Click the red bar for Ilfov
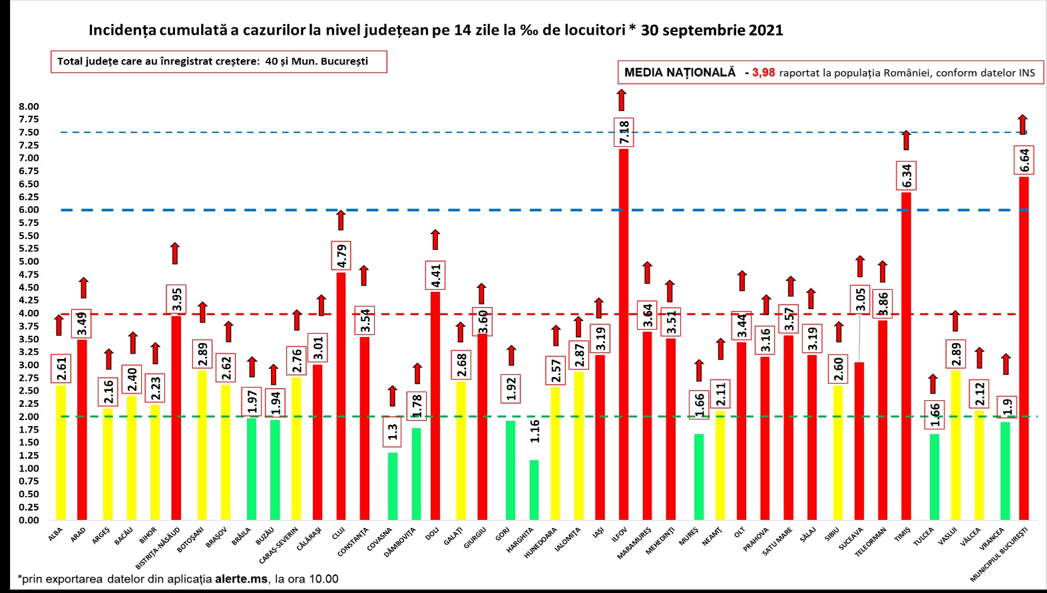click(624, 332)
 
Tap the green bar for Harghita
click(534, 489)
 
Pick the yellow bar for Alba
click(61, 452)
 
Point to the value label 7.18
click(624, 132)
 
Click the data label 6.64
click(1024, 160)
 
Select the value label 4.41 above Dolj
click(436, 276)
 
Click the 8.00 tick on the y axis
click(29, 106)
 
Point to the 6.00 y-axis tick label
click(29, 210)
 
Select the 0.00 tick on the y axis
click(29, 520)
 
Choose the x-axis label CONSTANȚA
click(353, 542)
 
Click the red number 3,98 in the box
click(763, 72)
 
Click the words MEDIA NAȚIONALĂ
click(680, 72)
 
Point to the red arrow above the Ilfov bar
click(622, 100)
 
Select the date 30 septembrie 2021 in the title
click(712, 30)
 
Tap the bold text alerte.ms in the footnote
click(242, 579)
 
